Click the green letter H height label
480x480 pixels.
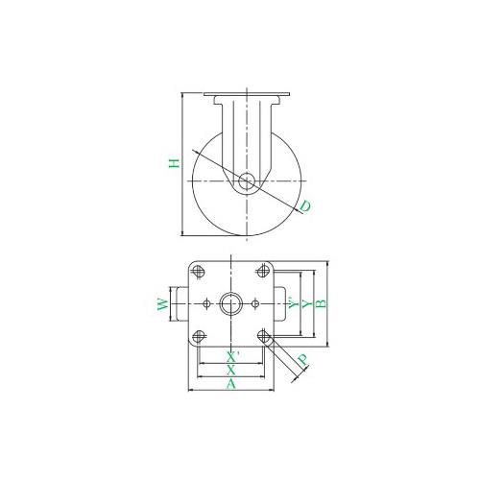point(175,163)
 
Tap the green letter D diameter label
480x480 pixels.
point(305,205)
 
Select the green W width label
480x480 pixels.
point(163,304)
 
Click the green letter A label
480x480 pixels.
point(231,383)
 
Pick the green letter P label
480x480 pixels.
point(302,360)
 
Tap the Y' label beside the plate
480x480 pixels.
point(293,303)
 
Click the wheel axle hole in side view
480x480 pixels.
point(247,181)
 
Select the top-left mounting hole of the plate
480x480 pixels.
point(199,272)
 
